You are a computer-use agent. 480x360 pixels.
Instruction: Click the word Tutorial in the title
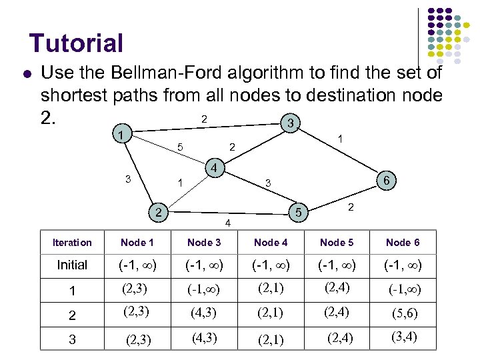[76, 43]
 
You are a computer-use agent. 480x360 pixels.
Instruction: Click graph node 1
[120, 135]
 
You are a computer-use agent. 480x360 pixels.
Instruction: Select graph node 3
[289, 123]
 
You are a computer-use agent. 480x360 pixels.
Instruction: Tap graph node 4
[214, 168]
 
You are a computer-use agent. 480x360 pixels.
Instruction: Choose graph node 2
[157, 213]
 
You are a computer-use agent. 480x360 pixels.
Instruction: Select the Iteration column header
[72, 243]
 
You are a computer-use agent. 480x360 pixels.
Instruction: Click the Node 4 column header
[271, 243]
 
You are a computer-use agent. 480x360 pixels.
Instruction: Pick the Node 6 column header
[403, 243]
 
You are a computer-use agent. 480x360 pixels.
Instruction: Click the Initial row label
[72, 265]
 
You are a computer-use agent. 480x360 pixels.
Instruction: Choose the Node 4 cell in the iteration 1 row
[271, 289]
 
